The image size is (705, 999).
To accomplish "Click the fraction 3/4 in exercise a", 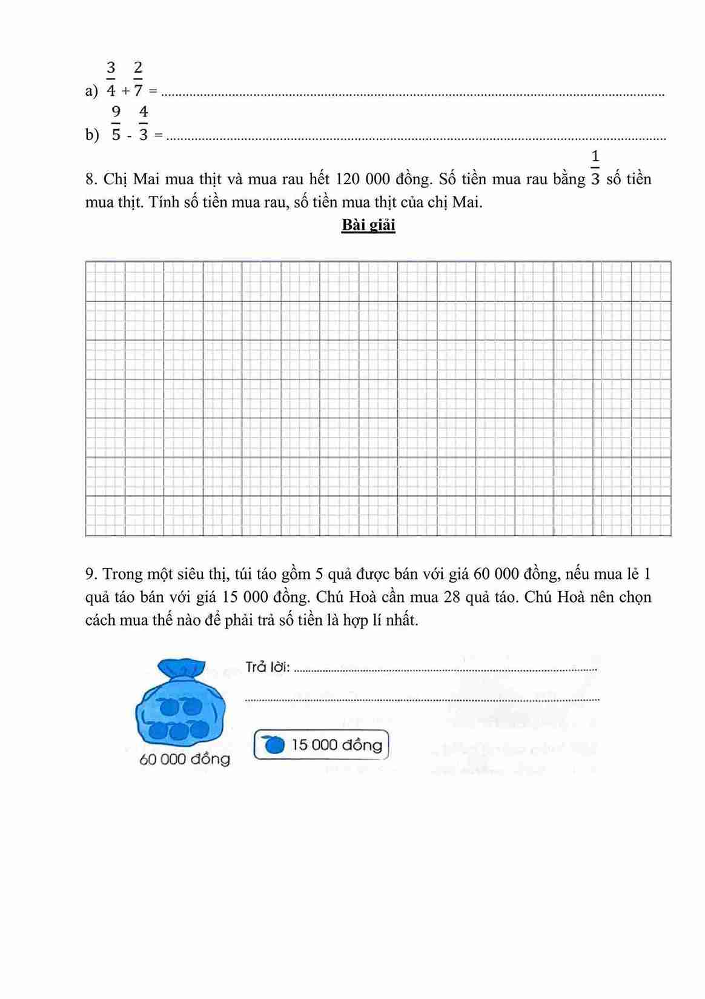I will pyautogui.click(x=111, y=79).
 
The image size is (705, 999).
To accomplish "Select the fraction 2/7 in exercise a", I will pyautogui.click(x=138, y=79).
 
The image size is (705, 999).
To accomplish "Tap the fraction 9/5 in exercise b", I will pyautogui.click(x=116, y=123).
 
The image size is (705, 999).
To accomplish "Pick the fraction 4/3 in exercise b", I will pyautogui.click(x=143, y=123).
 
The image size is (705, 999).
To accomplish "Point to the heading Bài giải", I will pyautogui.click(x=368, y=225).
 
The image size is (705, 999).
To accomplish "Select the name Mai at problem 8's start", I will pyautogui.click(x=146, y=179).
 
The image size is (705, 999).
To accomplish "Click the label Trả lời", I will pyautogui.click(x=268, y=667).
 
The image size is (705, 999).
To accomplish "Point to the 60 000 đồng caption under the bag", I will pyautogui.click(x=185, y=759).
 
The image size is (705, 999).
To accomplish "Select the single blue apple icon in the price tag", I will pyautogui.click(x=274, y=744).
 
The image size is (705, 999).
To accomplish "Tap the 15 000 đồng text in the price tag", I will pyautogui.click(x=337, y=744).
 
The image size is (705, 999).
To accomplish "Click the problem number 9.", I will pyautogui.click(x=91, y=574).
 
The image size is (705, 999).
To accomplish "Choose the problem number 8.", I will pyautogui.click(x=91, y=179).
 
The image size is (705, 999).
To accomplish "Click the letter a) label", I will pyautogui.click(x=91, y=91).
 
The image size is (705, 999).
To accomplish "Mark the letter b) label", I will pyautogui.click(x=92, y=135).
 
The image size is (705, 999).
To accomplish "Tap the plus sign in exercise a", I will pyautogui.click(x=125, y=91).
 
